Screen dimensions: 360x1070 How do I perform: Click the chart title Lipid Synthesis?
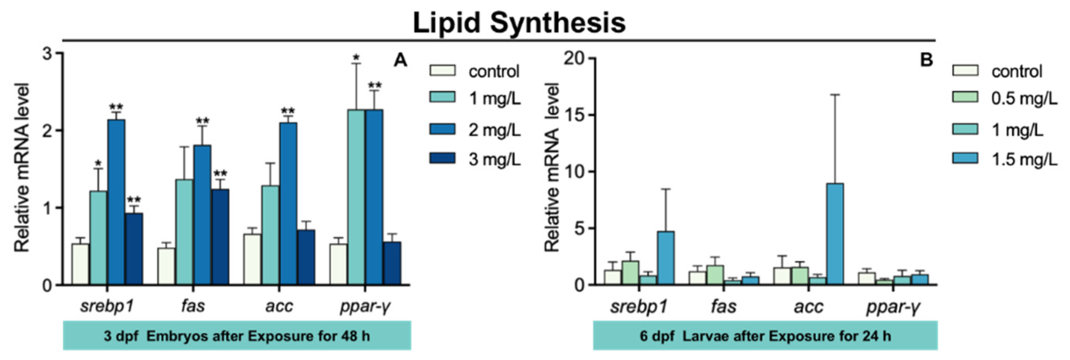point(519,23)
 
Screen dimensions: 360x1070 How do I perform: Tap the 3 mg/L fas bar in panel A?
point(220,237)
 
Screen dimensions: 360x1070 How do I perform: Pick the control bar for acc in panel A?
point(252,260)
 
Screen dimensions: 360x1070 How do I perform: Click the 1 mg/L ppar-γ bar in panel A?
point(356,197)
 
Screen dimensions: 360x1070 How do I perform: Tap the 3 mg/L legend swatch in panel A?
point(442,158)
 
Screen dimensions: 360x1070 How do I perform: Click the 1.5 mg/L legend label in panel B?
point(1024,159)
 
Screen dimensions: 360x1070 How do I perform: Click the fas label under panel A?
point(193,306)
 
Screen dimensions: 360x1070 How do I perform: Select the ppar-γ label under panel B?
point(893,308)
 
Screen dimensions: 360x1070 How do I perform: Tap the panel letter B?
point(926,61)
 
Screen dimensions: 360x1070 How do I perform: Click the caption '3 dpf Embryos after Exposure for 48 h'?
point(237,335)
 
